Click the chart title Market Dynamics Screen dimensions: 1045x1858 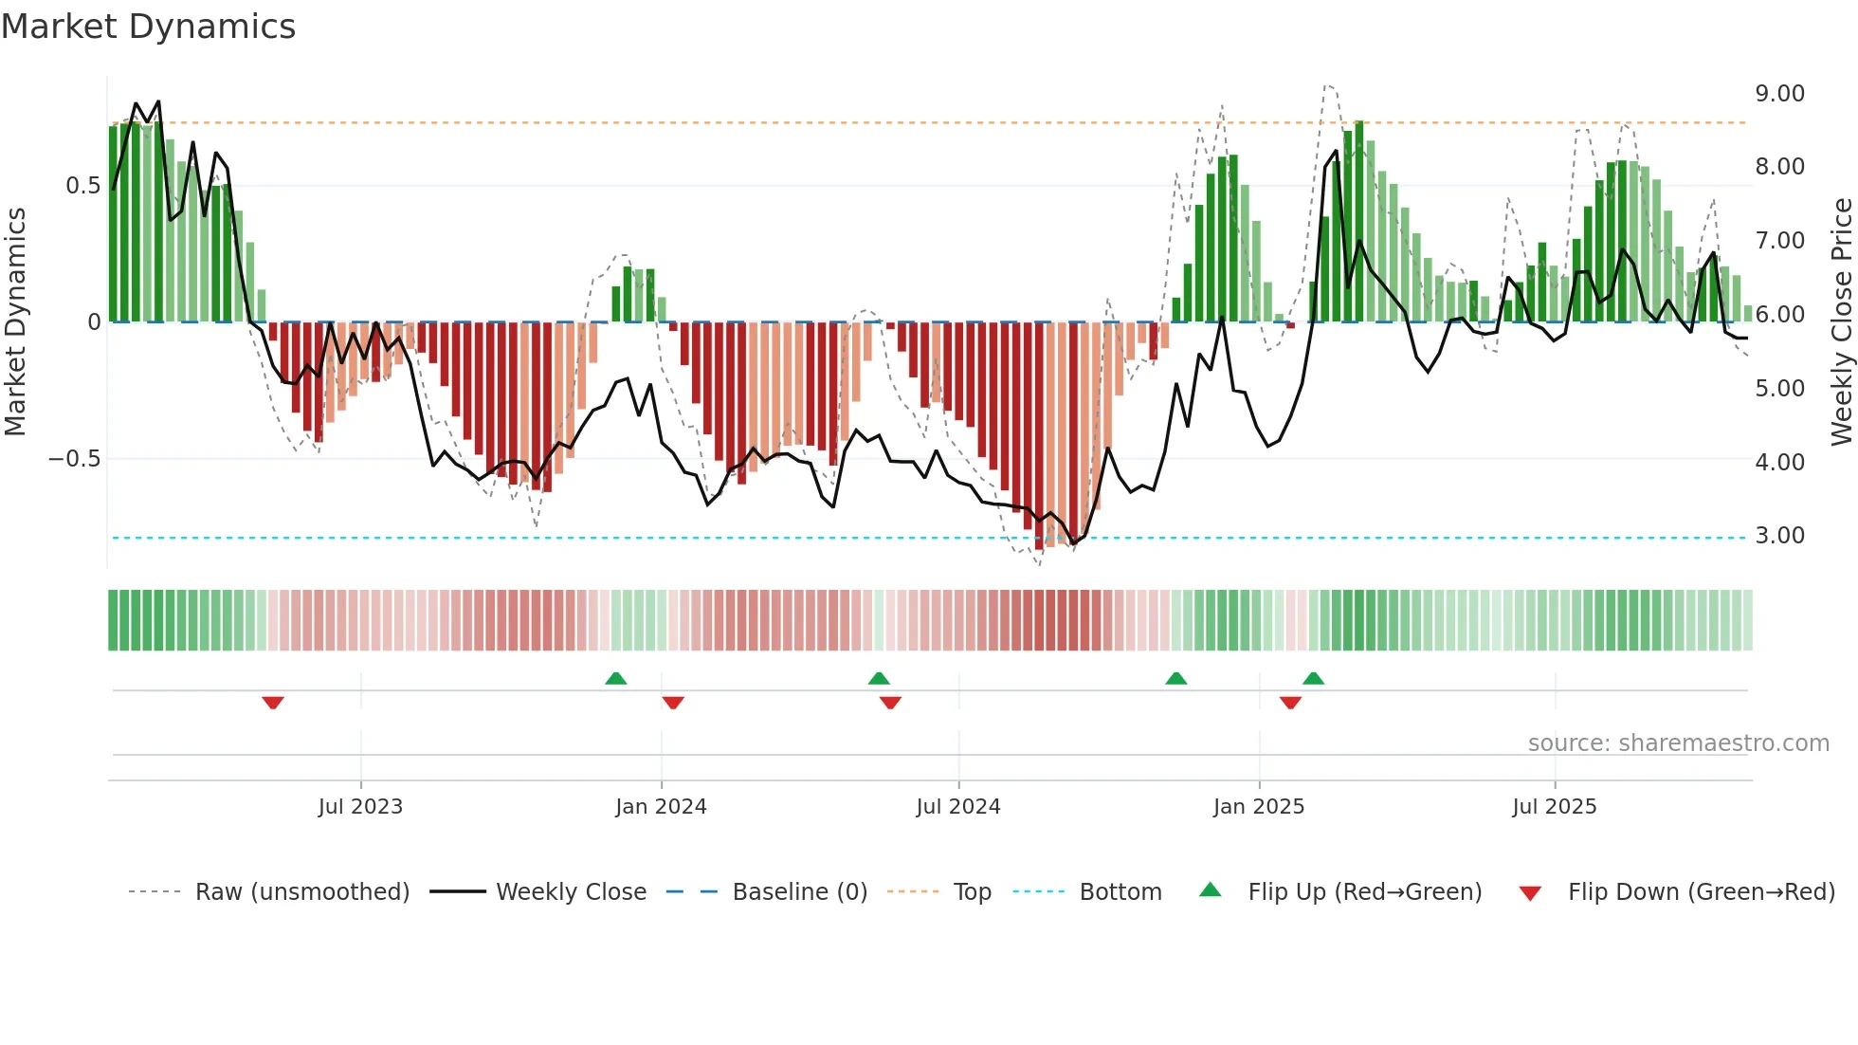point(148,27)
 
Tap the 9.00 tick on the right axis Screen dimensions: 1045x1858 point(1779,93)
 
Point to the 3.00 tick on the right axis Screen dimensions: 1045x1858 point(1779,536)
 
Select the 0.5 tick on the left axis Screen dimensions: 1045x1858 point(82,185)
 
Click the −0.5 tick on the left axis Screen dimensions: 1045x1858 point(74,459)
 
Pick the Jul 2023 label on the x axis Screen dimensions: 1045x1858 point(360,807)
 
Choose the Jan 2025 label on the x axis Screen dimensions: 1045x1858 point(1258,807)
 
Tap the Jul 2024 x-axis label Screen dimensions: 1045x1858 point(957,807)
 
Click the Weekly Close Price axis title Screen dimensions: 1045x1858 point(1841,321)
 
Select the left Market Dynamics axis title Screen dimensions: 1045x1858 point(15,321)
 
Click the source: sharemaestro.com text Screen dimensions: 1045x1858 point(1678,743)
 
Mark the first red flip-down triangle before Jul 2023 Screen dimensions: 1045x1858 point(273,703)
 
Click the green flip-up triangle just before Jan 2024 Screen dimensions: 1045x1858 point(616,678)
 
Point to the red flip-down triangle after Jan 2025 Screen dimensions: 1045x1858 point(1290,703)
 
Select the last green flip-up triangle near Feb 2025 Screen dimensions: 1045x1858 point(1313,678)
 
